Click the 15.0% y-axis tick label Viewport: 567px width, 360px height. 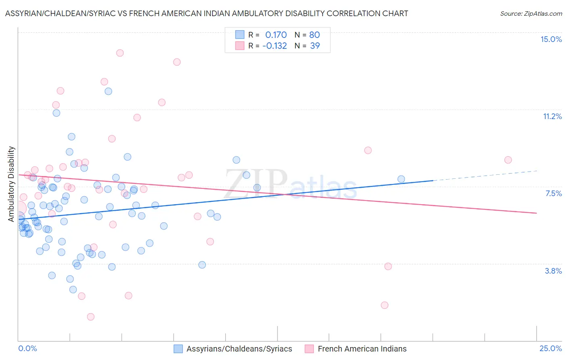click(x=551, y=39)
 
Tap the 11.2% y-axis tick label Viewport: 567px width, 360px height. click(x=552, y=116)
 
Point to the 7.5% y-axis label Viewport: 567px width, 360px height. click(x=553, y=193)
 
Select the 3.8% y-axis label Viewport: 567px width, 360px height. click(x=553, y=271)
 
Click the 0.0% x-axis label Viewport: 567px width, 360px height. click(x=27, y=348)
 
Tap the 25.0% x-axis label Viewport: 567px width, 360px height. click(x=550, y=348)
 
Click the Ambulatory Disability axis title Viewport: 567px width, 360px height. click(x=11, y=184)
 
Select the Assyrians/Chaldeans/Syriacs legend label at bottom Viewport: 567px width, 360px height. click(x=239, y=349)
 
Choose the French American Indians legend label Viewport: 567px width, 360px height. click(x=362, y=349)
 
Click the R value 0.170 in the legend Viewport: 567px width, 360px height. click(x=276, y=35)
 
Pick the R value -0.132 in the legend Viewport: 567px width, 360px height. click(x=274, y=46)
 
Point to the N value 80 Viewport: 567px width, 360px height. click(x=315, y=35)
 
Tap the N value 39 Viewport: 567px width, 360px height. click(x=315, y=46)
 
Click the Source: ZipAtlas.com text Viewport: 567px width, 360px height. click(x=531, y=14)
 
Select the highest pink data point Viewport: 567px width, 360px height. click(x=120, y=53)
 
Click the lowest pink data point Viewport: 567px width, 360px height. click(x=91, y=317)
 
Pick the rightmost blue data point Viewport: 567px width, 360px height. click(x=401, y=179)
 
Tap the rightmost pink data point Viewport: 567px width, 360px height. click(x=508, y=160)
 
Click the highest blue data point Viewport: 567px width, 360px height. click(x=108, y=91)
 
